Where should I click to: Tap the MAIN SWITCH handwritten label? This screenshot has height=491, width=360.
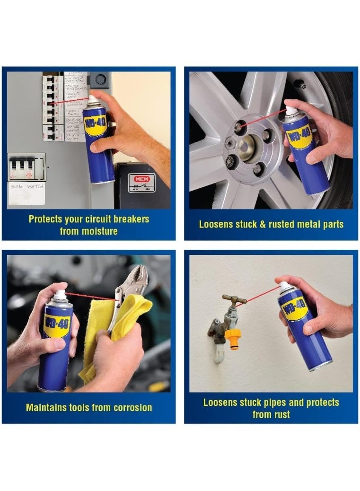point(26,187)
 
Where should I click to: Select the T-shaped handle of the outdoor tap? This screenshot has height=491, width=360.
point(235,299)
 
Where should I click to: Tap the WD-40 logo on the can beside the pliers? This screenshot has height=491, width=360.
point(57,326)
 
